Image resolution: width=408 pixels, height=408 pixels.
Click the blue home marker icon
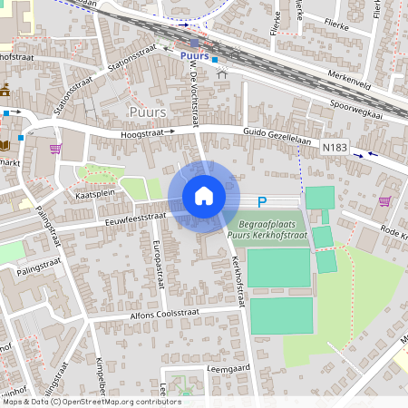[204, 196]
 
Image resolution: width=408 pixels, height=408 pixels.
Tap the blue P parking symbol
[262, 203]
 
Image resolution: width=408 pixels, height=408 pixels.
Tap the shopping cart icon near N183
[384, 201]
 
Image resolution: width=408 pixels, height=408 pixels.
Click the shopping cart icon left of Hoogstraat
[55, 149]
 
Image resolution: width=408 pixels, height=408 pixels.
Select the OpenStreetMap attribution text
[91, 402]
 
